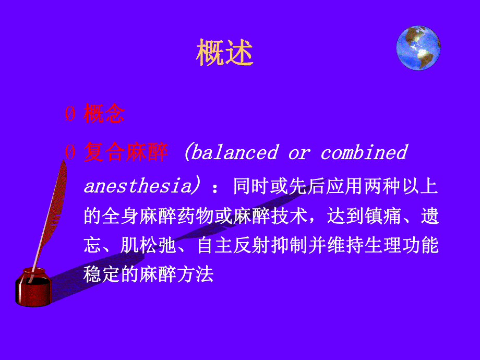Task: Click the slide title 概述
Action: click(x=225, y=53)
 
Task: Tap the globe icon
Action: click(x=418, y=48)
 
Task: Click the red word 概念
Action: click(x=104, y=115)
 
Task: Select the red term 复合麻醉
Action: click(x=126, y=152)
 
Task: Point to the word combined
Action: click(x=364, y=152)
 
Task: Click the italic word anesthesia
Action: click(x=137, y=186)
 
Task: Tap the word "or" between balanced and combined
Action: click(x=298, y=152)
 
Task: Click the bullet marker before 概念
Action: click(x=69, y=115)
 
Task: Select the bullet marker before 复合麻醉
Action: click(x=69, y=153)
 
